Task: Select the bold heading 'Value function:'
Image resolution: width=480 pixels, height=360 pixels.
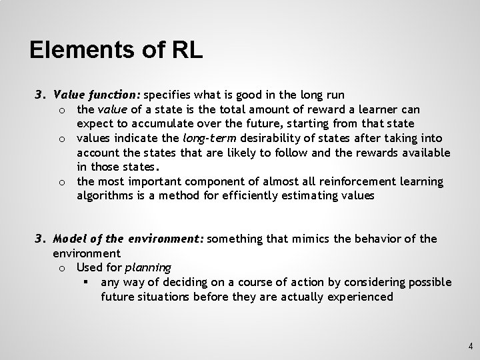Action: click(97, 95)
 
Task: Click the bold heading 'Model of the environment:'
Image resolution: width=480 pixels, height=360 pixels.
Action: click(129, 239)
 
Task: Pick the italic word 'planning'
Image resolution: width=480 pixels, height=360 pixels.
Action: click(148, 268)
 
